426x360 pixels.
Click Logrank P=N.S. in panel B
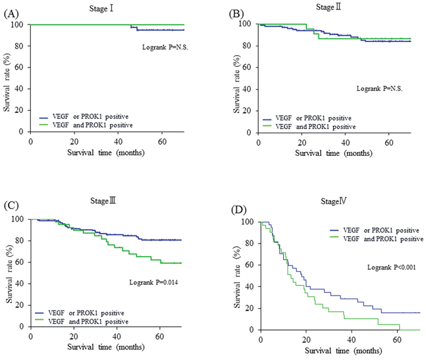tap(381, 88)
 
